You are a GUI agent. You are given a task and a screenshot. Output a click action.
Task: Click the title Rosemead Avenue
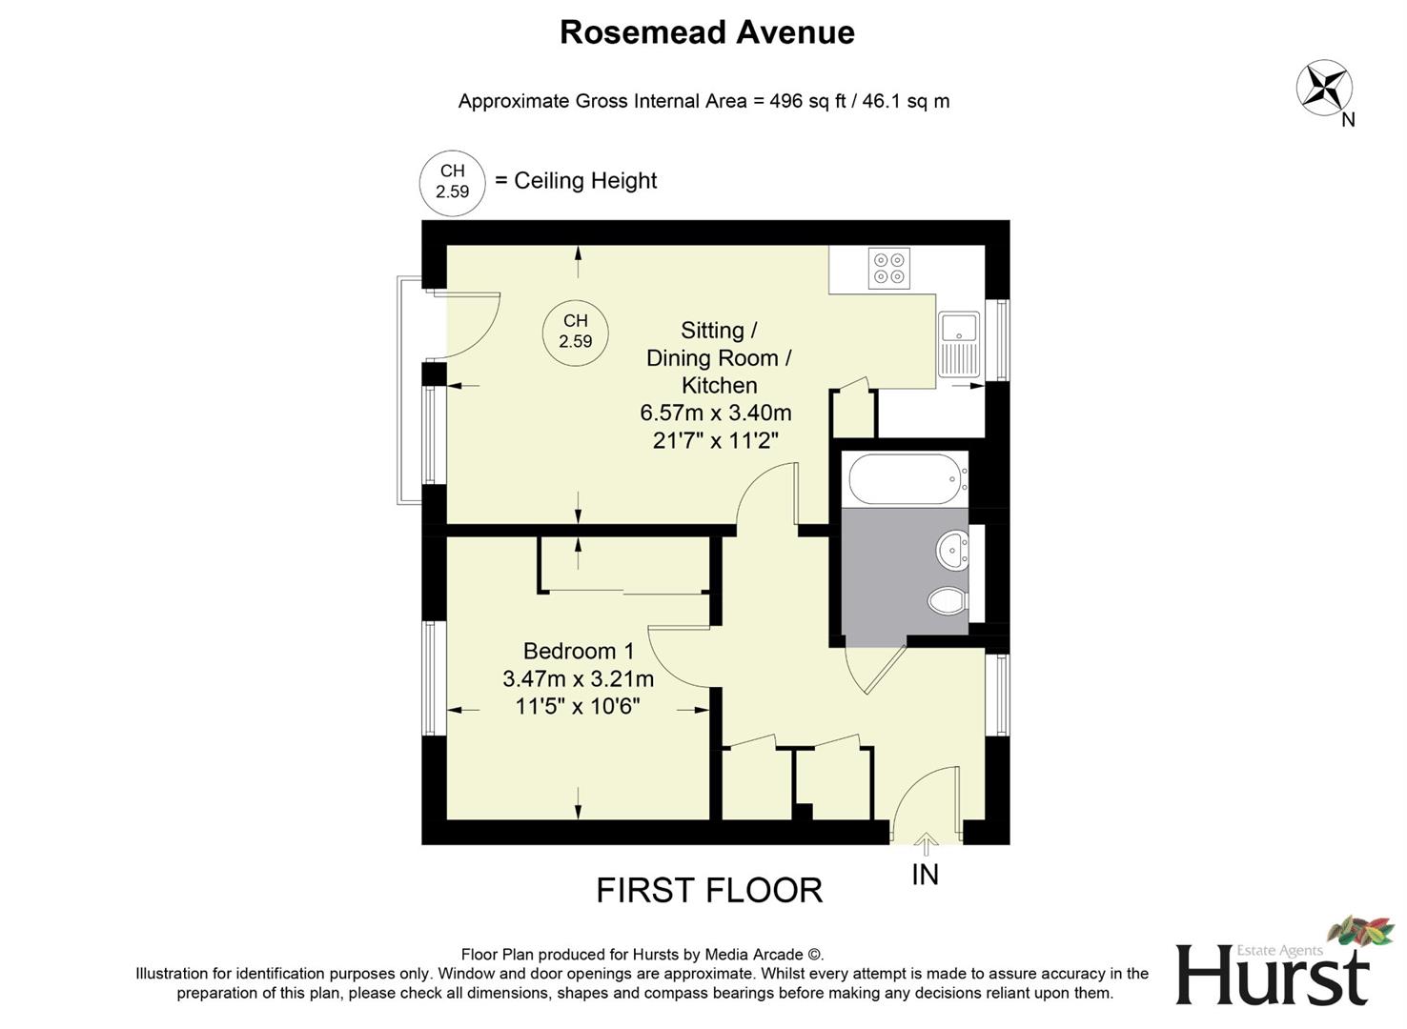706,32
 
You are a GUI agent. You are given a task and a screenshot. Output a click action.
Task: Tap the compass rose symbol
1324,88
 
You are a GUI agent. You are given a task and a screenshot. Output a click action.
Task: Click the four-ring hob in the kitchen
888,268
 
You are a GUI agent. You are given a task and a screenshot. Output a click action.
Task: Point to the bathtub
905,479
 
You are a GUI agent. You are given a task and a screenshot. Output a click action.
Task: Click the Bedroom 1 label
578,651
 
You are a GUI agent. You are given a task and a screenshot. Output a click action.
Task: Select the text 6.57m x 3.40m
715,414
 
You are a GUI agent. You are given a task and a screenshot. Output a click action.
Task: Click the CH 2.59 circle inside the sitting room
575,332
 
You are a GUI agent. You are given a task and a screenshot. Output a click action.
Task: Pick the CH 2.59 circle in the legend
453,181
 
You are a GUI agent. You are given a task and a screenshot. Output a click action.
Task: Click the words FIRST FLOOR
708,891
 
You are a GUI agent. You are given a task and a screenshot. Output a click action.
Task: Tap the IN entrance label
925,875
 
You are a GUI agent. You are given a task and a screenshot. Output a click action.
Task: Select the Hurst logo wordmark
1272,974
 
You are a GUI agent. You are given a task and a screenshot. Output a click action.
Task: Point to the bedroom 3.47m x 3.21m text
578,679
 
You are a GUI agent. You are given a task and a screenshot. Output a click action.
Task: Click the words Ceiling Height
585,181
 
